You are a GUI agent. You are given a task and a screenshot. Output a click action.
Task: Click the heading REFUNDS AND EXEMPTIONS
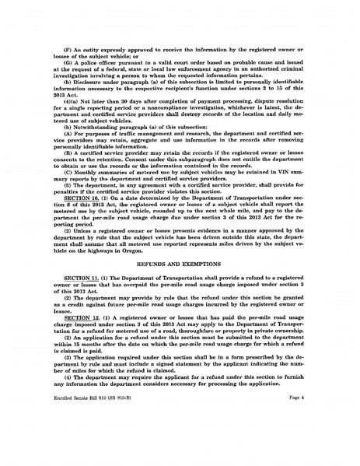(180, 263)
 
